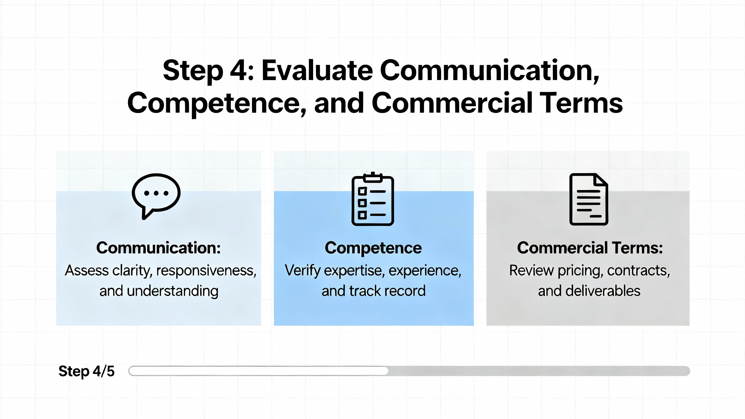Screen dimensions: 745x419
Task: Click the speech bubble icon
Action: coord(156,196)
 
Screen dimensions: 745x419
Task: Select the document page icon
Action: coord(589,199)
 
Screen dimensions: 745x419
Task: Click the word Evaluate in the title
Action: coord(317,70)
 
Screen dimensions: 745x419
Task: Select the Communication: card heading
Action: coord(159,248)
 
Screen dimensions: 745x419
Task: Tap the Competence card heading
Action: coord(373,248)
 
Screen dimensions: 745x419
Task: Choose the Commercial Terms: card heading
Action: coord(590,248)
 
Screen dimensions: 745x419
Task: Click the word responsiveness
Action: coord(206,271)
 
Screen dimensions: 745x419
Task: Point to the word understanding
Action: coord(173,291)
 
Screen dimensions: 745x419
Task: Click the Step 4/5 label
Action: coord(86,372)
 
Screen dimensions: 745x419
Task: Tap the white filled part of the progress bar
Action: coord(258,371)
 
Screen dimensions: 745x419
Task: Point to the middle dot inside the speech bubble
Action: coord(156,193)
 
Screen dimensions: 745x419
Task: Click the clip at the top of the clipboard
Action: coord(373,177)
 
